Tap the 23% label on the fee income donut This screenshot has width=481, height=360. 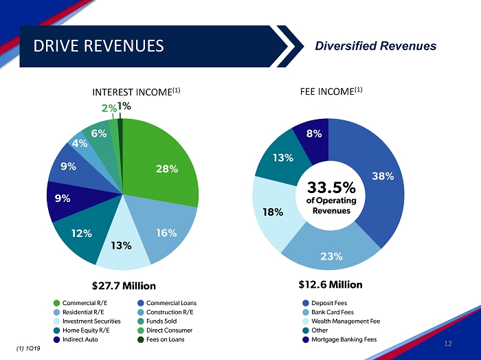click(331, 256)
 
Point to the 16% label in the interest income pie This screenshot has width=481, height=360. click(166, 233)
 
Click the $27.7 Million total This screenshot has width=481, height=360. click(124, 285)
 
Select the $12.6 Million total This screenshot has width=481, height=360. click(331, 284)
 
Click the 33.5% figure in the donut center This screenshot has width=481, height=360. click(331, 188)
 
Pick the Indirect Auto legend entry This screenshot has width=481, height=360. click(78, 339)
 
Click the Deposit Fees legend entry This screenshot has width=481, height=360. click(328, 303)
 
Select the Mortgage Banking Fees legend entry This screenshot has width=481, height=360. click(344, 339)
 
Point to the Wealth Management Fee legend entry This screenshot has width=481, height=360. click(345, 321)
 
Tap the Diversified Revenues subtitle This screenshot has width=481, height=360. click(375, 46)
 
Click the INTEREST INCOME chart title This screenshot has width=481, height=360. click(136, 91)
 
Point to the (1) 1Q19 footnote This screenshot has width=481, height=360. click(27, 349)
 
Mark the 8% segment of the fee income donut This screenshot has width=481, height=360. click(314, 135)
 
